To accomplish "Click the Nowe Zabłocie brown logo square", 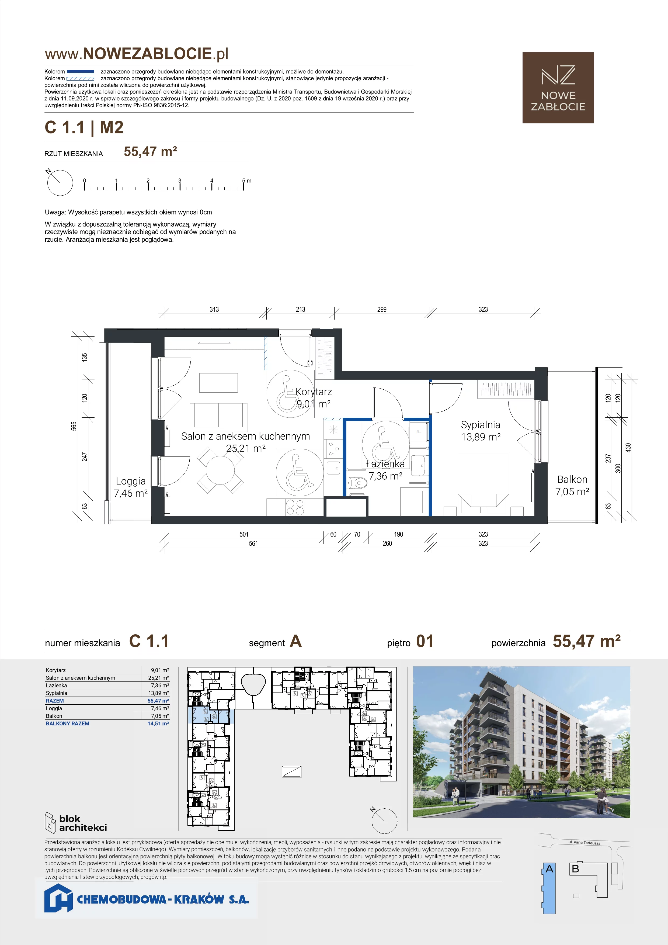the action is [x=558, y=88].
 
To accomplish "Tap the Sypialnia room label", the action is [x=481, y=425].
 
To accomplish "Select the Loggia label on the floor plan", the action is [x=131, y=481].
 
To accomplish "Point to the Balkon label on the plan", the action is [x=572, y=479].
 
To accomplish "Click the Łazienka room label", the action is [x=385, y=464].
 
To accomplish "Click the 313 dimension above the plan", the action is [x=214, y=310].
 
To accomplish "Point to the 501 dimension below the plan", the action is [x=244, y=534].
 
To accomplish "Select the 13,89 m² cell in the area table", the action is [x=159, y=693].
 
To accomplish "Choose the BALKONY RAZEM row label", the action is [x=67, y=724].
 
